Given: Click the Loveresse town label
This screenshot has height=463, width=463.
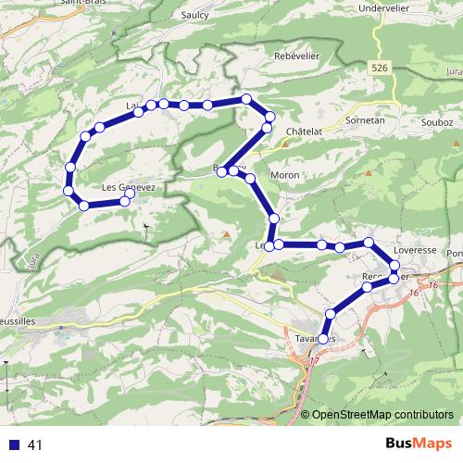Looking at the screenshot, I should [x=413, y=250].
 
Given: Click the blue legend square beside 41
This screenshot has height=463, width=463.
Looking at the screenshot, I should [x=14, y=444].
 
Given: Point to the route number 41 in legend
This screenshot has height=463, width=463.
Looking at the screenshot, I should [x=36, y=444].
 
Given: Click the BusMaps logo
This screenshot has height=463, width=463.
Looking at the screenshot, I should [x=412, y=444].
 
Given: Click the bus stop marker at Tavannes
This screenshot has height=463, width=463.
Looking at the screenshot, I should [x=323, y=339].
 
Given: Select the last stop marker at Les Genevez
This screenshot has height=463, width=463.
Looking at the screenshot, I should [x=130, y=194].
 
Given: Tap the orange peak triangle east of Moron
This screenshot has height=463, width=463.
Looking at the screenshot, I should [x=368, y=173].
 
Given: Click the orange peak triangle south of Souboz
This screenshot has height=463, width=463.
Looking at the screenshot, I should [x=455, y=144].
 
